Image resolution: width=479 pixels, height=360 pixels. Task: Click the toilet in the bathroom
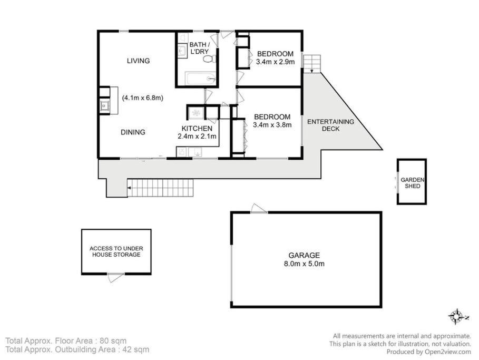click(x=210, y=59)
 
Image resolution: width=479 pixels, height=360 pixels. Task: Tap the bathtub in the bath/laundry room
click(x=200, y=78)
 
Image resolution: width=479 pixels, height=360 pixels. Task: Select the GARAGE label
click(x=304, y=255)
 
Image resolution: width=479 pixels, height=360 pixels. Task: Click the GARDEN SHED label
click(x=413, y=183)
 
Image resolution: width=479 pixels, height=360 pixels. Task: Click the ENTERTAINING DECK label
click(x=330, y=125)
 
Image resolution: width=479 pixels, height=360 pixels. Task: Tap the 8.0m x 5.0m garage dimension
click(x=304, y=264)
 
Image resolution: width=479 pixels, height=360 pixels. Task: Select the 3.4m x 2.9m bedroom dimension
click(x=275, y=62)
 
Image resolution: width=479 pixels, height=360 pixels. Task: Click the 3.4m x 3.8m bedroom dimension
click(x=272, y=125)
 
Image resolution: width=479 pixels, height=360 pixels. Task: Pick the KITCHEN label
click(x=197, y=129)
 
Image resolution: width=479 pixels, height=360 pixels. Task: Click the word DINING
click(x=133, y=132)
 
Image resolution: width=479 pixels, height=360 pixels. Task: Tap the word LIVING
click(x=139, y=61)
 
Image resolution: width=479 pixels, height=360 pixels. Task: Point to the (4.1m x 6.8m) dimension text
click(x=142, y=98)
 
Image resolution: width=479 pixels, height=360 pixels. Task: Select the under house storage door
click(x=115, y=277)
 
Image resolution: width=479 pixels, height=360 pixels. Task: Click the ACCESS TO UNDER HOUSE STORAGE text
click(x=116, y=251)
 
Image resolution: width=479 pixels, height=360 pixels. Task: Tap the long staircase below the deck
click(x=160, y=188)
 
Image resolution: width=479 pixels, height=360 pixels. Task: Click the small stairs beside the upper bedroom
click(x=312, y=64)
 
